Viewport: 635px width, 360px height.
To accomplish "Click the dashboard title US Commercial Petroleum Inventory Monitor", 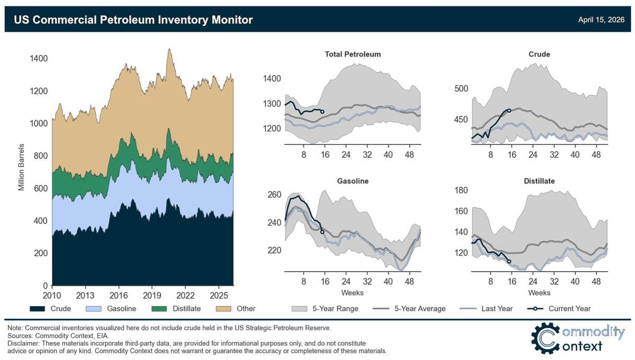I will pyautogui.click(x=133, y=20).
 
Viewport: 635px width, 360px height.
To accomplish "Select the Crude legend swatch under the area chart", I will pyautogui.click(x=39, y=309).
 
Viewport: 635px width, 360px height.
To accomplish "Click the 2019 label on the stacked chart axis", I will pyautogui.click(x=152, y=294).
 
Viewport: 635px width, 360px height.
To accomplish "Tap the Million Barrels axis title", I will pyautogui.click(x=22, y=167).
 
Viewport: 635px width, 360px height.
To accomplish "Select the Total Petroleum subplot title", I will pyautogui.click(x=352, y=54).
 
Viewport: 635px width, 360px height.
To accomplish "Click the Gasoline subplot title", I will pyautogui.click(x=352, y=181).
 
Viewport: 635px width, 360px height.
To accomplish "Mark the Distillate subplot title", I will pyautogui.click(x=539, y=181).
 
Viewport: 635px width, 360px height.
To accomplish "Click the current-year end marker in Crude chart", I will pyautogui.click(x=509, y=110).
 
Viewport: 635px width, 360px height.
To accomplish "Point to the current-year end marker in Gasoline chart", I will pyautogui.click(x=322, y=232).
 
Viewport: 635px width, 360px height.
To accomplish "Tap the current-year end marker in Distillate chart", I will pyautogui.click(x=509, y=261).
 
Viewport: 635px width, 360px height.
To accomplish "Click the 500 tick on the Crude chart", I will pyautogui.click(x=461, y=88).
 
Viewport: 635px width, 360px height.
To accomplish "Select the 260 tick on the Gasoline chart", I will pyautogui.click(x=275, y=195).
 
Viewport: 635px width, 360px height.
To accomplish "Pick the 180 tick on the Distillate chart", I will pyautogui.click(x=461, y=191).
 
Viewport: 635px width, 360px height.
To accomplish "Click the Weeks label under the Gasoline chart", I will pyautogui.click(x=352, y=293).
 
